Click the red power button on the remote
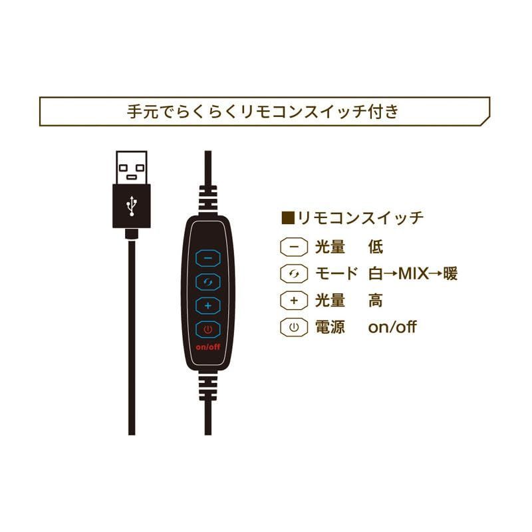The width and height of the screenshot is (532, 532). (x=208, y=330)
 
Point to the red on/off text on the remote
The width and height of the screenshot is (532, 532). (x=208, y=348)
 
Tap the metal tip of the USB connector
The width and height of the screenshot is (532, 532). (x=131, y=168)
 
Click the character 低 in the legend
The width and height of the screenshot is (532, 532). (x=375, y=247)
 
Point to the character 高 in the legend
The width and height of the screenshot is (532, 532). (x=375, y=301)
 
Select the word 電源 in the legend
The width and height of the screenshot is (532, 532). (x=331, y=327)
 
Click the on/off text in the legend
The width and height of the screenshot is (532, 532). (x=392, y=327)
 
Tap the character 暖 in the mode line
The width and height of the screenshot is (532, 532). (x=450, y=273)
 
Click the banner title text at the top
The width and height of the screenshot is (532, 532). (x=264, y=111)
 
